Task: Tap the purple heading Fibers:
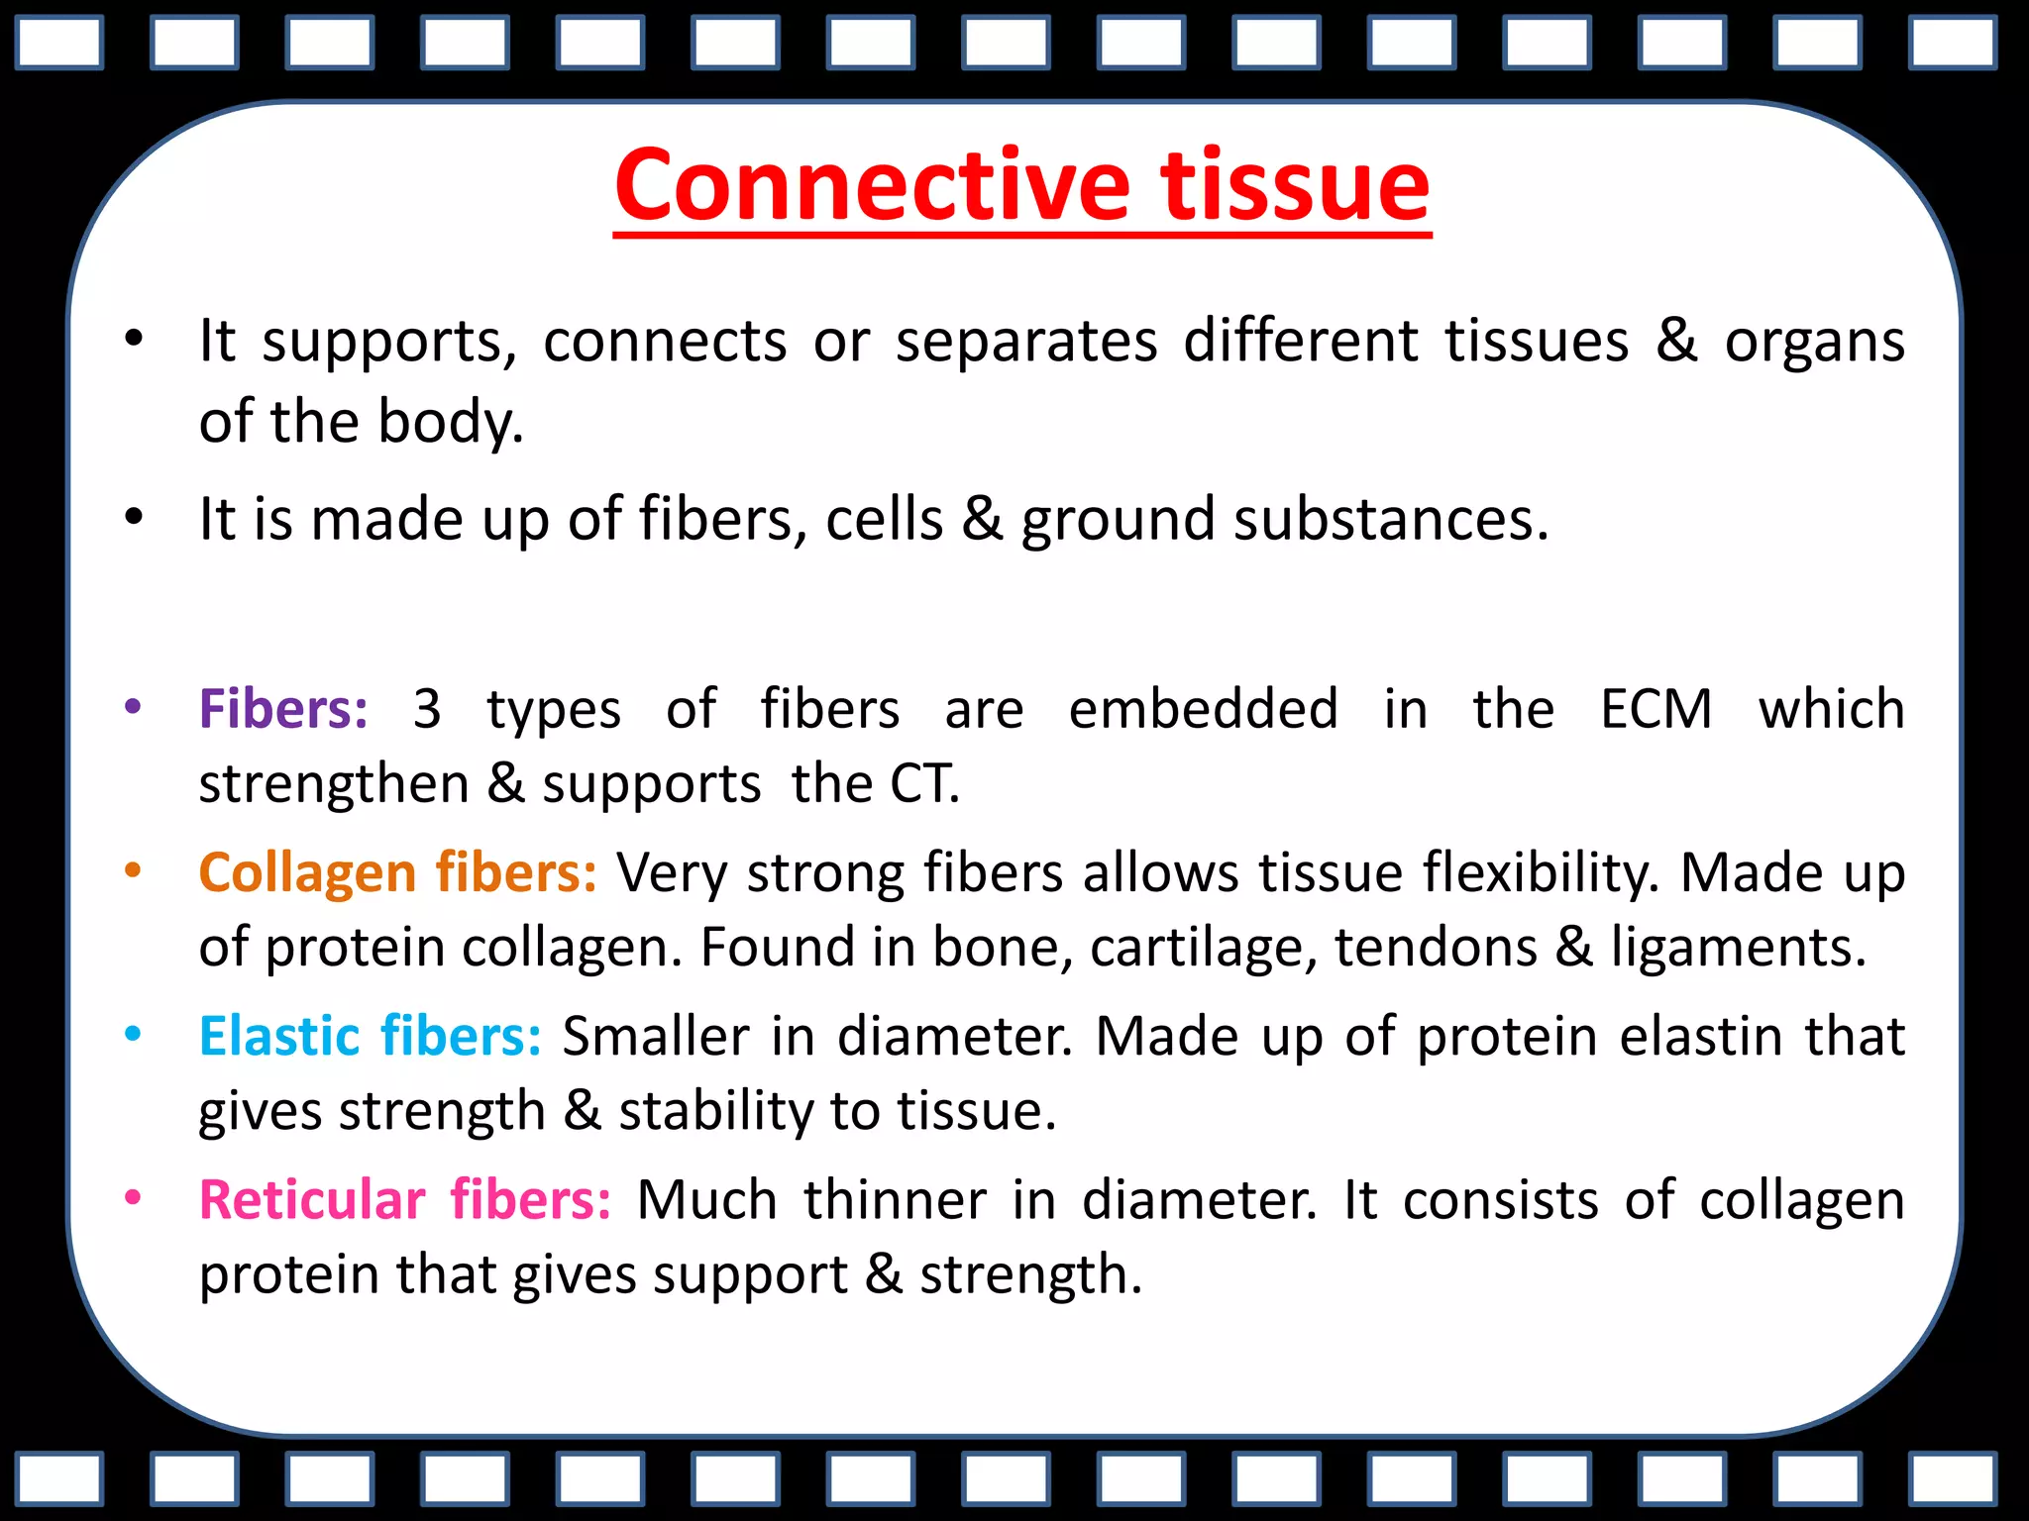tap(283, 709)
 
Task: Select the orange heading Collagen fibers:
tap(397, 873)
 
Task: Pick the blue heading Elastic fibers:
tap(370, 1037)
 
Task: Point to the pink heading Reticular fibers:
tap(404, 1200)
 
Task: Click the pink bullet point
tap(133, 1198)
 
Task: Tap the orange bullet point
tap(133, 871)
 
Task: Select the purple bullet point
tap(133, 707)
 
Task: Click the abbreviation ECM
tap(1655, 709)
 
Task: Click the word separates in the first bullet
tap(1026, 342)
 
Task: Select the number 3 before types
tap(427, 709)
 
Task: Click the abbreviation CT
tap(921, 784)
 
